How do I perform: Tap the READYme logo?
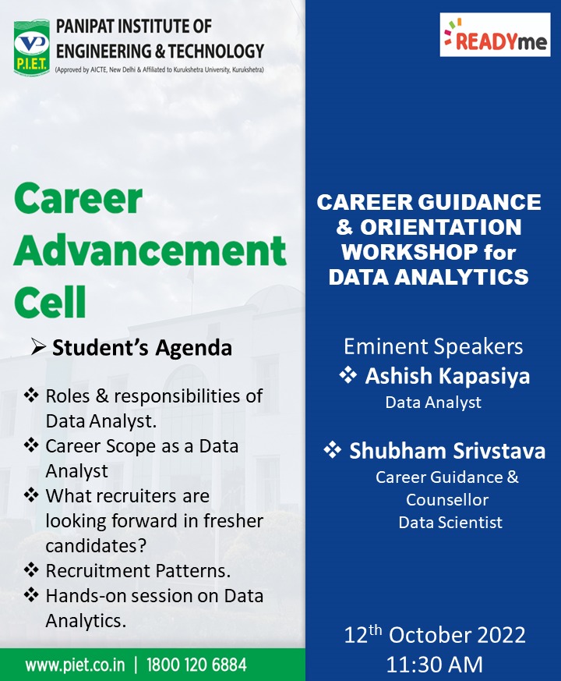point(495,35)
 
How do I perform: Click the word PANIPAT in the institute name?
point(86,27)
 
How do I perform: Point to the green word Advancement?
point(150,251)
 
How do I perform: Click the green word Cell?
point(50,302)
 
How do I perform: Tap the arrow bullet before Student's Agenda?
point(39,347)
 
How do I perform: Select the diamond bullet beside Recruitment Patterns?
point(31,569)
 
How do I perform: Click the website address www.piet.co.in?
point(75,665)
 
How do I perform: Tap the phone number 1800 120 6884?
point(196,665)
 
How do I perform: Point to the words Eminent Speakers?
point(433,346)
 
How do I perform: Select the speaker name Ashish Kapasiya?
point(447,376)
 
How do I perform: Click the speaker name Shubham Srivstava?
point(447,451)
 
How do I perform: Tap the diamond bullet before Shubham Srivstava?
point(333,450)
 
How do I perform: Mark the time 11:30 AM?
point(434,665)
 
